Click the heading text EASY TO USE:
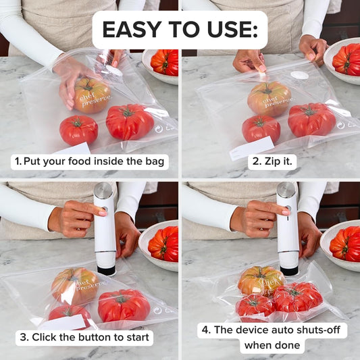(x=180, y=30)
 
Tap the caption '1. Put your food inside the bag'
(x=90, y=161)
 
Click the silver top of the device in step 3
(x=103, y=190)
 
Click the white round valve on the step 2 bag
(x=299, y=75)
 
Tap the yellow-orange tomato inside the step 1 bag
(x=92, y=95)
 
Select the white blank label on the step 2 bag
(x=251, y=147)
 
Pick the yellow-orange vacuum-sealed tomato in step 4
(x=261, y=280)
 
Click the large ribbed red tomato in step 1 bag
(x=129, y=122)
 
